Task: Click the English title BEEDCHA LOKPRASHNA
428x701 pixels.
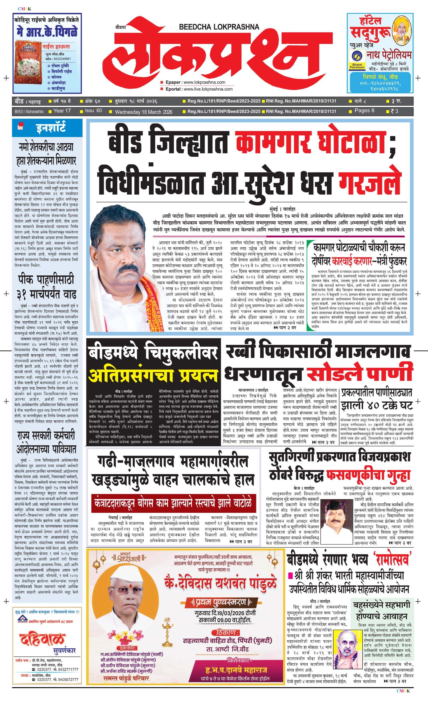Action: (x=219, y=27)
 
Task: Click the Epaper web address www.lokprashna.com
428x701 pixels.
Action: (x=204, y=82)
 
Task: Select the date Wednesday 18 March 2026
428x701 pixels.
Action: (x=143, y=112)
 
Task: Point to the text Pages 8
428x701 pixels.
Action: (x=364, y=111)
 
